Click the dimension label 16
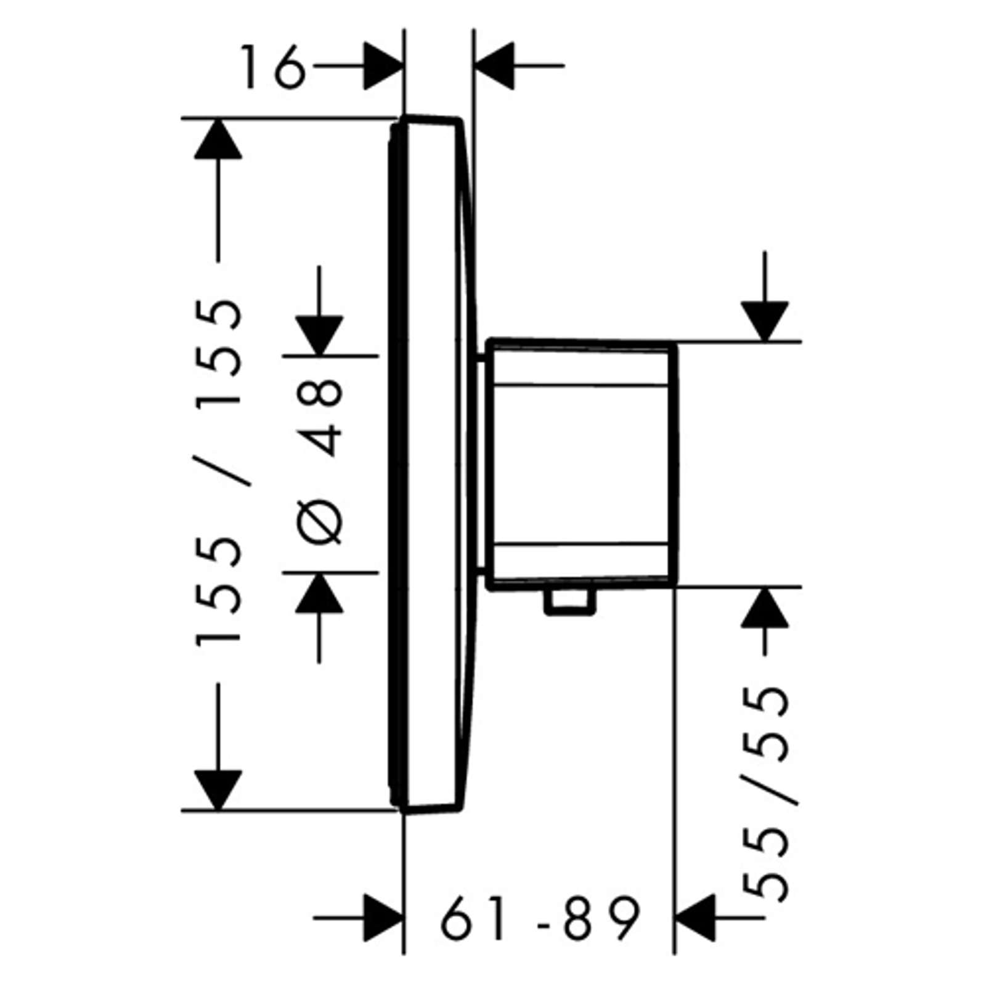(x=272, y=67)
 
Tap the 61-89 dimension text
(x=540, y=918)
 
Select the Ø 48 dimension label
(x=319, y=462)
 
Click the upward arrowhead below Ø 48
(x=319, y=592)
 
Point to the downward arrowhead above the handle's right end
(x=765, y=321)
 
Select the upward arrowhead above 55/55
(x=765, y=608)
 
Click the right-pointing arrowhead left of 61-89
(x=383, y=918)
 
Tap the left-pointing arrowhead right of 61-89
(x=696, y=918)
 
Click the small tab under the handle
(x=570, y=602)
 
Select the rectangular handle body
(x=582, y=463)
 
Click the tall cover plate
(x=431, y=464)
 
